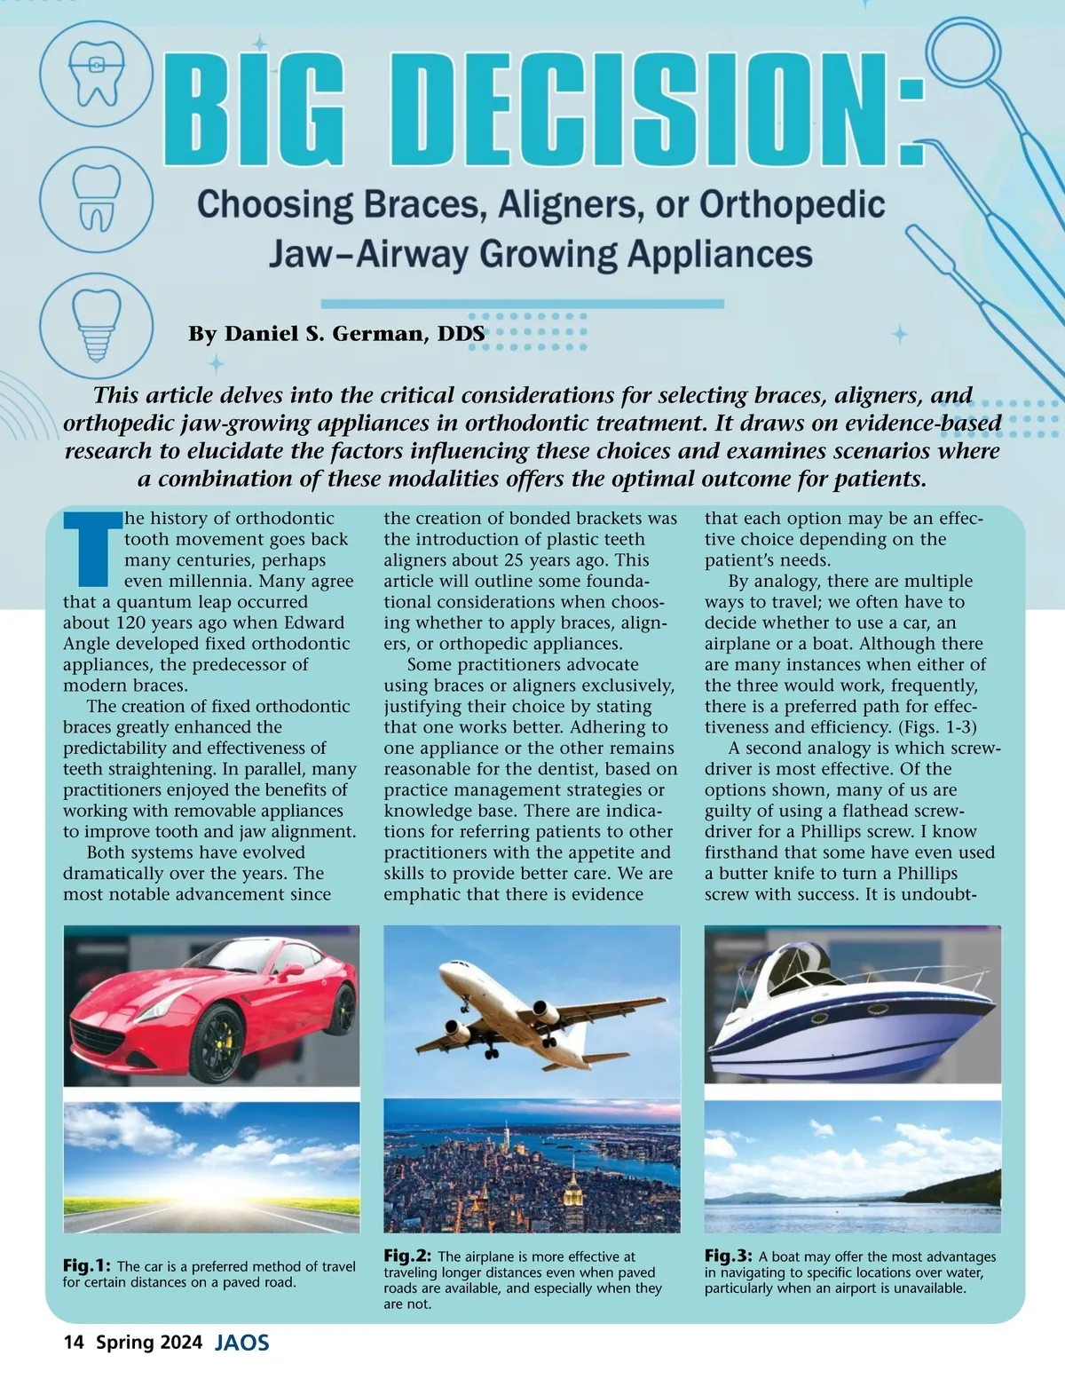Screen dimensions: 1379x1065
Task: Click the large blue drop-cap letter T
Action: click(x=91, y=549)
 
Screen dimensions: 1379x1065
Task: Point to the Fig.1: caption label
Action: click(x=86, y=1265)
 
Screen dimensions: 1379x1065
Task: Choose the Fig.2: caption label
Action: click(x=407, y=1256)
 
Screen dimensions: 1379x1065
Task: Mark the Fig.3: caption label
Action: click(x=729, y=1256)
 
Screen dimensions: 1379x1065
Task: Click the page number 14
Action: click(x=74, y=1342)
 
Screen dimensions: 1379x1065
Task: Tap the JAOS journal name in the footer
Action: click(x=241, y=1343)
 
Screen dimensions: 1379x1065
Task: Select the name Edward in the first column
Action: click(x=312, y=622)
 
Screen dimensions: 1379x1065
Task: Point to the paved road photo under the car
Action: click(x=211, y=1167)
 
